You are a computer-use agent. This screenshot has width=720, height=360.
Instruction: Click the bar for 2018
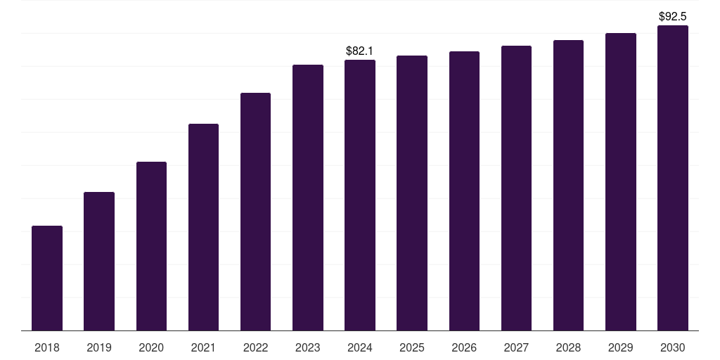47,278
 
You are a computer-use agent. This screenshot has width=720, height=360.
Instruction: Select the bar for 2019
99,261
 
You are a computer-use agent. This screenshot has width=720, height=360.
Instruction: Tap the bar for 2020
151,246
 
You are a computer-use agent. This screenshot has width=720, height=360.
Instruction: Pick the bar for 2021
203,227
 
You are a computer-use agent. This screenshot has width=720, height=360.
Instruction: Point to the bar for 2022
255,212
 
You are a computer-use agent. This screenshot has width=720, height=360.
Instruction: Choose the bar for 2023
308,198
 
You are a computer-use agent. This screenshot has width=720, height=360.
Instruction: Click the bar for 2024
360,195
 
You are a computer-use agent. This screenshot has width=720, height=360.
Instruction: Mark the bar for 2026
464,191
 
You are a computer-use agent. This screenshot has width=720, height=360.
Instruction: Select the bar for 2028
568,185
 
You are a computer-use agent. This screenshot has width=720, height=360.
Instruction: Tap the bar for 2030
673,178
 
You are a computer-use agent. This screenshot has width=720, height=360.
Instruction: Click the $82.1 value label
360,51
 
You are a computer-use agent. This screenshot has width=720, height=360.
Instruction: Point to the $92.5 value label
673,16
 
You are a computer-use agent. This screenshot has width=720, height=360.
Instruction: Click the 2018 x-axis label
47,347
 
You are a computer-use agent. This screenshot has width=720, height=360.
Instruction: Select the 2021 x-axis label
203,347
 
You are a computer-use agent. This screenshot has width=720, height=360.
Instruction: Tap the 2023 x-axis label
308,347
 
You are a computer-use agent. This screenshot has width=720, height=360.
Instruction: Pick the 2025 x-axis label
412,347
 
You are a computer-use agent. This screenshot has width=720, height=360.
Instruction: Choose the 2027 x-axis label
516,347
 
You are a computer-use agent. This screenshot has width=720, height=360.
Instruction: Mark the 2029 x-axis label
620,347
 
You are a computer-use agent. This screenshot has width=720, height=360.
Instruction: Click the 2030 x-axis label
673,347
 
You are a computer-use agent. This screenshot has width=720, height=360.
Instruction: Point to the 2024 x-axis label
360,347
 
